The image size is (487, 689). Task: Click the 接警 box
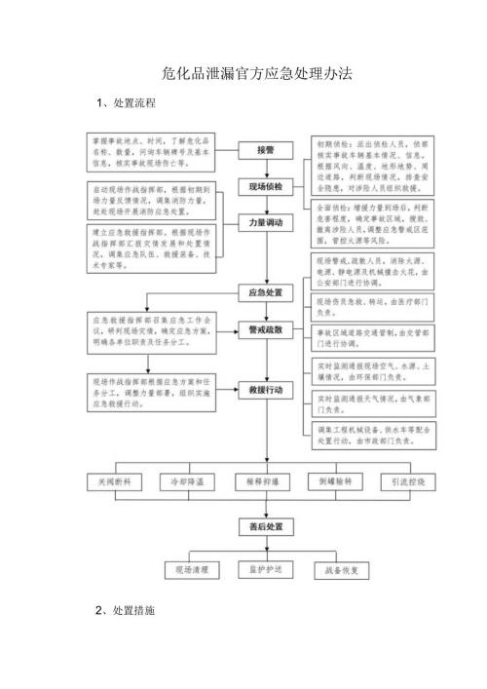[265, 151]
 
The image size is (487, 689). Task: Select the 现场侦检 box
[265, 185]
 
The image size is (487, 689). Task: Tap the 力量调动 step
[265, 223]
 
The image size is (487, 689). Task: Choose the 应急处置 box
[265, 291]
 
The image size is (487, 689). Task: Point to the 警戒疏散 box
[265, 330]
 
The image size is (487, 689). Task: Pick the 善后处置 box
[265, 527]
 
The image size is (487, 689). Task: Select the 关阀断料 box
[115, 481]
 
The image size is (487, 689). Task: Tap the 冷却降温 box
[190, 481]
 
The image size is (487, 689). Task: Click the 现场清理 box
[191, 568]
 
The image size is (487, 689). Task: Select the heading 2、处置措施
[126, 610]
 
